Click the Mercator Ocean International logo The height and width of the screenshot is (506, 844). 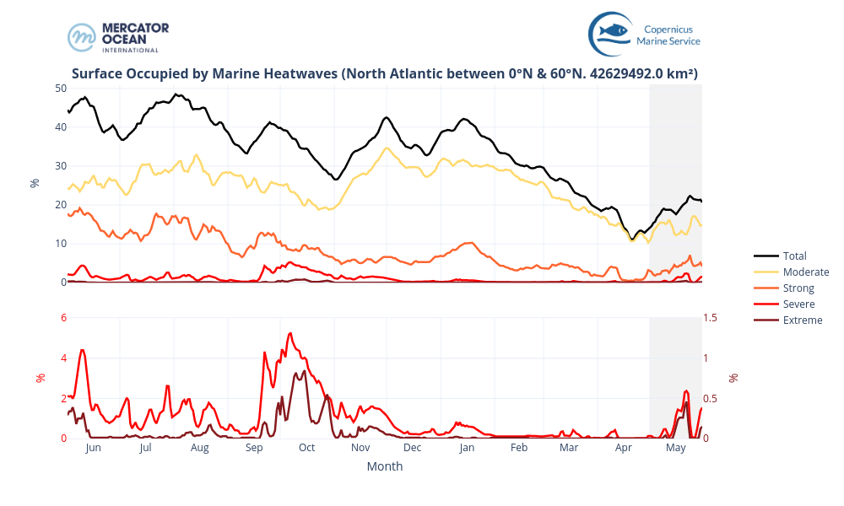pyautogui.click(x=118, y=37)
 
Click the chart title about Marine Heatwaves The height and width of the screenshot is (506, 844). pyautogui.click(x=384, y=74)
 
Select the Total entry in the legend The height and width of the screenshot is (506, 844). pyautogui.click(x=794, y=256)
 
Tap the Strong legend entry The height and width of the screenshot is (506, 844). pyautogui.click(x=798, y=288)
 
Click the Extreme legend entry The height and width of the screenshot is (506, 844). pyautogui.click(x=802, y=320)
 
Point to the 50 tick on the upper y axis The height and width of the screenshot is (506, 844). pyautogui.click(x=61, y=88)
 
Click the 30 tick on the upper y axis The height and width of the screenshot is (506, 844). pyautogui.click(x=61, y=166)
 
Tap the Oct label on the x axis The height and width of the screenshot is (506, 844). pyautogui.click(x=306, y=448)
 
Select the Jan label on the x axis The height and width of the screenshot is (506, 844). pyautogui.click(x=467, y=448)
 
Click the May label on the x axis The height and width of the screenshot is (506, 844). pyautogui.click(x=675, y=448)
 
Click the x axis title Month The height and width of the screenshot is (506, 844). pyautogui.click(x=384, y=466)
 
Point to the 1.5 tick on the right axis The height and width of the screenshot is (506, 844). pyautogui.click(x=711, y=317)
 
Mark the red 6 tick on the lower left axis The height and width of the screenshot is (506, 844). pyautogui.click(x=62, y=317)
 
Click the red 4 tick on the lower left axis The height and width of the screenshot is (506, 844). pyautogui.click(x=62, y=358)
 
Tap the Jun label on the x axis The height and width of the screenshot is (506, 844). pyautogui.click(x=93, y=448)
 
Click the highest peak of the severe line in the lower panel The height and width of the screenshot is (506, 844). pyautogui.click(x=289, y=333)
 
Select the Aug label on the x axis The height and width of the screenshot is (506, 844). pyautogui.click(x=199, y=448)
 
